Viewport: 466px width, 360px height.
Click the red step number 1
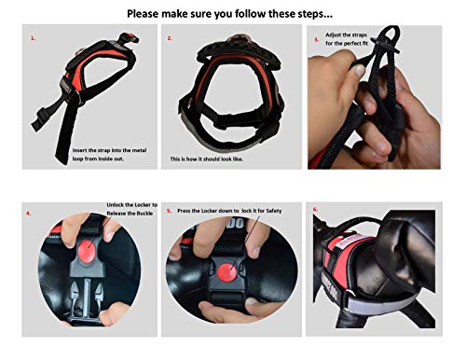[33, 38]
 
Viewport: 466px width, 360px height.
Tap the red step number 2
[170, 38]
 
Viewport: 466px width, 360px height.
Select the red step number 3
[317, 40]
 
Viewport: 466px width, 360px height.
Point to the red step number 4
[29, 214]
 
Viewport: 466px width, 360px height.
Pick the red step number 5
[169, 211]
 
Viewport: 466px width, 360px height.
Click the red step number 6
[315, 209]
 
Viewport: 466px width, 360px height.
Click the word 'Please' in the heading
[143, 14]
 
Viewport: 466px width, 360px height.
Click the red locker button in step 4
[87, 252]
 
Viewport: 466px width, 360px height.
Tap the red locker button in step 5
[227, 272]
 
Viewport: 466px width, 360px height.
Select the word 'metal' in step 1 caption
[139, 150]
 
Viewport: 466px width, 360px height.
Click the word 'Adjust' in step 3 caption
[333, 35]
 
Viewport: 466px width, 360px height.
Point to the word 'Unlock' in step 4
[116, 205]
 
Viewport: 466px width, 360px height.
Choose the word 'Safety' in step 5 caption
[274, 211]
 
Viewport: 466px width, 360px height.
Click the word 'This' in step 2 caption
[175, 159]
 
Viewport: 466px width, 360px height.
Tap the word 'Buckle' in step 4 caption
[144, 214]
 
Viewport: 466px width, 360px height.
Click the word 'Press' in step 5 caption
[185, 211]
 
